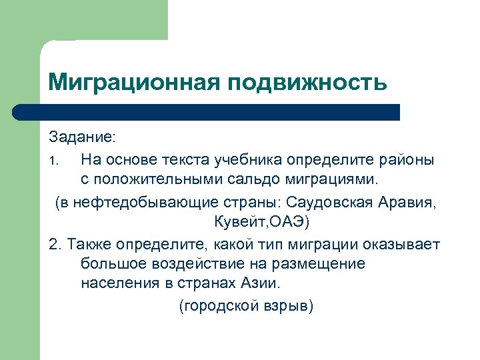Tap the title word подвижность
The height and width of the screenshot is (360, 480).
tap(307, 83)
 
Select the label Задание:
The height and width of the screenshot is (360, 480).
tap(82, 137)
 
